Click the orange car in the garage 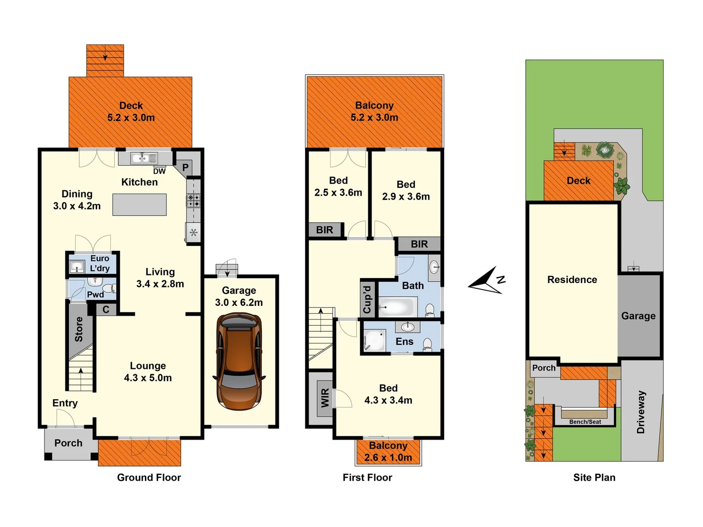pos(239,361)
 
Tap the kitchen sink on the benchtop pos(144,158)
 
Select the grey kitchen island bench pos(140,204)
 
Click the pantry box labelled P pos(186,167)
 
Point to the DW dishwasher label pos(159,171)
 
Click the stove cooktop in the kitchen pos(193,200)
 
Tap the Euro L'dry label pos(100,263)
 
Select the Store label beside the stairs pos(79,329)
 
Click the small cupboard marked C pos(106,309)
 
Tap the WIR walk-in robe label pos(325,398)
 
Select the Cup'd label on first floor pos(367,299)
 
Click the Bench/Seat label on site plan pos(585,422)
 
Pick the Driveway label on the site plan pos(641,412)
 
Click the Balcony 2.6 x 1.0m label pos(388,451)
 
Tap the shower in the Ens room pos(374,340)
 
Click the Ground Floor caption pos(149,477)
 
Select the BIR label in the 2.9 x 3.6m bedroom pos(419,244)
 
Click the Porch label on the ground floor pos(68,443)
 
